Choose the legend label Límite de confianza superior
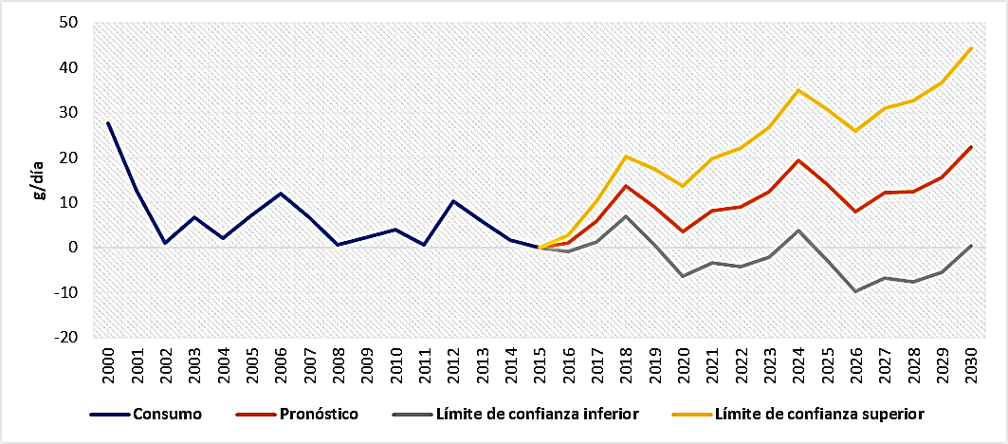point(818,414)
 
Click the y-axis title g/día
point(39,180)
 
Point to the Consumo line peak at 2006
point(280,194)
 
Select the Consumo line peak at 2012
point(452,201)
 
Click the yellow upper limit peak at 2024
point(798,90)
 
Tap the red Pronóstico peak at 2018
point(625,186)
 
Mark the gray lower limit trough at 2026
point(855,291)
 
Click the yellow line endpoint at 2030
point(970,47)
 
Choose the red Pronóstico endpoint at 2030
point(970,147)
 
